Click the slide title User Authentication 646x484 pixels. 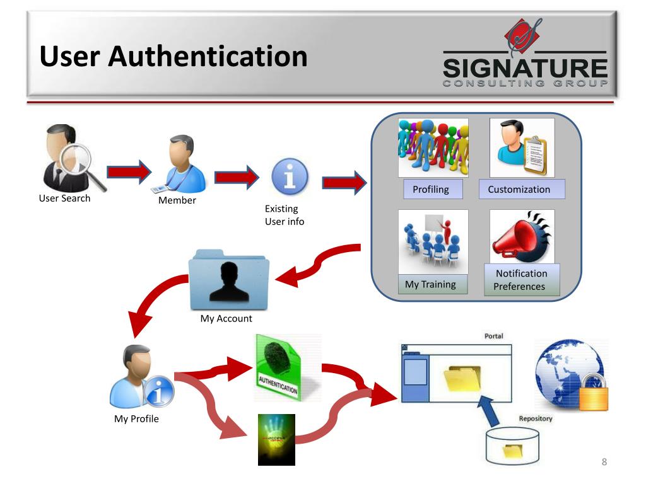click(x=173, y=57)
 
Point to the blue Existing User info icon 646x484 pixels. click(x=290, y=178)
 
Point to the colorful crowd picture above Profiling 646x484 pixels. click(x=433, y=147)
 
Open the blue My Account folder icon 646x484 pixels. click(x=229, y=280)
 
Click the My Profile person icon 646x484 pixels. click(x=139, y=377)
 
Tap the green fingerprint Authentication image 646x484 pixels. click(x=286, y=369)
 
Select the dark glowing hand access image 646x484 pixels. click(x=276, y=439)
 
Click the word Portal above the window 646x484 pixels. click(x=493, y=336)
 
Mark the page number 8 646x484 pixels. click(x=604, y=463)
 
